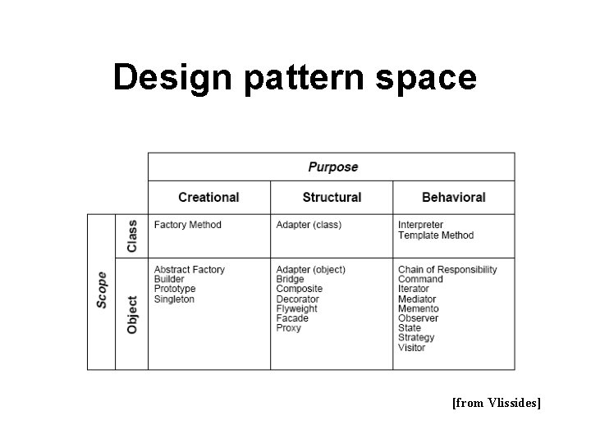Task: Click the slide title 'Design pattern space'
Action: [295, 77]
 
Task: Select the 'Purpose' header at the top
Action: [332, 167]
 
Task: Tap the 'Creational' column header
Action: [208, 198]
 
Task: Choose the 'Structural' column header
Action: [332, 198]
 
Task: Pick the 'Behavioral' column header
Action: [453, 198]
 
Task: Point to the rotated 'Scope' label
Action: [102, 290]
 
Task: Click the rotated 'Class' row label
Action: [131, 235]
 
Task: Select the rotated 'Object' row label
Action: [131, 313]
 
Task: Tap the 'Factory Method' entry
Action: [187, 225]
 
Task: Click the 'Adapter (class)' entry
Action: [309, 225]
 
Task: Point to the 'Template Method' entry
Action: [436, 235]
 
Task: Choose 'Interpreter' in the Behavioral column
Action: [420, 225]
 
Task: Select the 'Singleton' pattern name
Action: [174, 299]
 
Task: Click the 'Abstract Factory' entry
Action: [189, 270]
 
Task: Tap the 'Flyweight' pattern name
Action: [297, 308]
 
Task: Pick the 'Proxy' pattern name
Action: [288, 328]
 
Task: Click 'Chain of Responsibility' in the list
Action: [447, 270]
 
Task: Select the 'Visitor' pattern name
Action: [411, 348]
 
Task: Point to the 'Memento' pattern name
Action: [418, 308]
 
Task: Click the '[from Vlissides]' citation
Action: [496, 403]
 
